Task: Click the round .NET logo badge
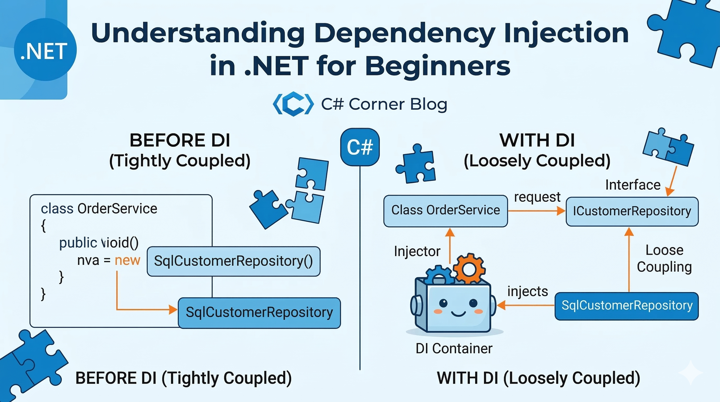coord(45,50)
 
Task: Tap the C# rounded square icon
coord(360,147)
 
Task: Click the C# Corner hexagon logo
coord(293,104)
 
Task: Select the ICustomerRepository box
coord(632,211)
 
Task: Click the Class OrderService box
coord(445,210)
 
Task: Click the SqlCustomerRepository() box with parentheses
coord(233,261)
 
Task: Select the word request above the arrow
coord(537,197)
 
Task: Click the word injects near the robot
coord(527,292)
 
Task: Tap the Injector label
coord(417,251)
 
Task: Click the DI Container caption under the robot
coord(454,349)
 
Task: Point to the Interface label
coord(633,185)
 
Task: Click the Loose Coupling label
coord(664,259)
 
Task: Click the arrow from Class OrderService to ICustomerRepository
coord(536,211)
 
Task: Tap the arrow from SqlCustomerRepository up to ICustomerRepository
coord(629,260)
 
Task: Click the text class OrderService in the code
coord(99,209)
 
